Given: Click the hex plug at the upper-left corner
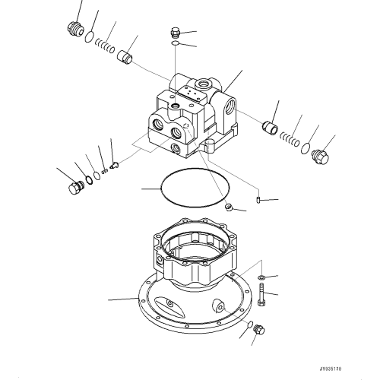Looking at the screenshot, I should point(74,28).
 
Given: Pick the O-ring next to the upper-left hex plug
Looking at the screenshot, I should point(90,38).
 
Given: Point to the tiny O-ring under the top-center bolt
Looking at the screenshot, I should point(176,46).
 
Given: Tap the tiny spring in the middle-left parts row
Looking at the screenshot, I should point(104,169).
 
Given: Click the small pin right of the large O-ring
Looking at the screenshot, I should point(259,200).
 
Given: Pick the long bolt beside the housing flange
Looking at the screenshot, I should point(261,293).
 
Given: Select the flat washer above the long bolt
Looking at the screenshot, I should point(261,277).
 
